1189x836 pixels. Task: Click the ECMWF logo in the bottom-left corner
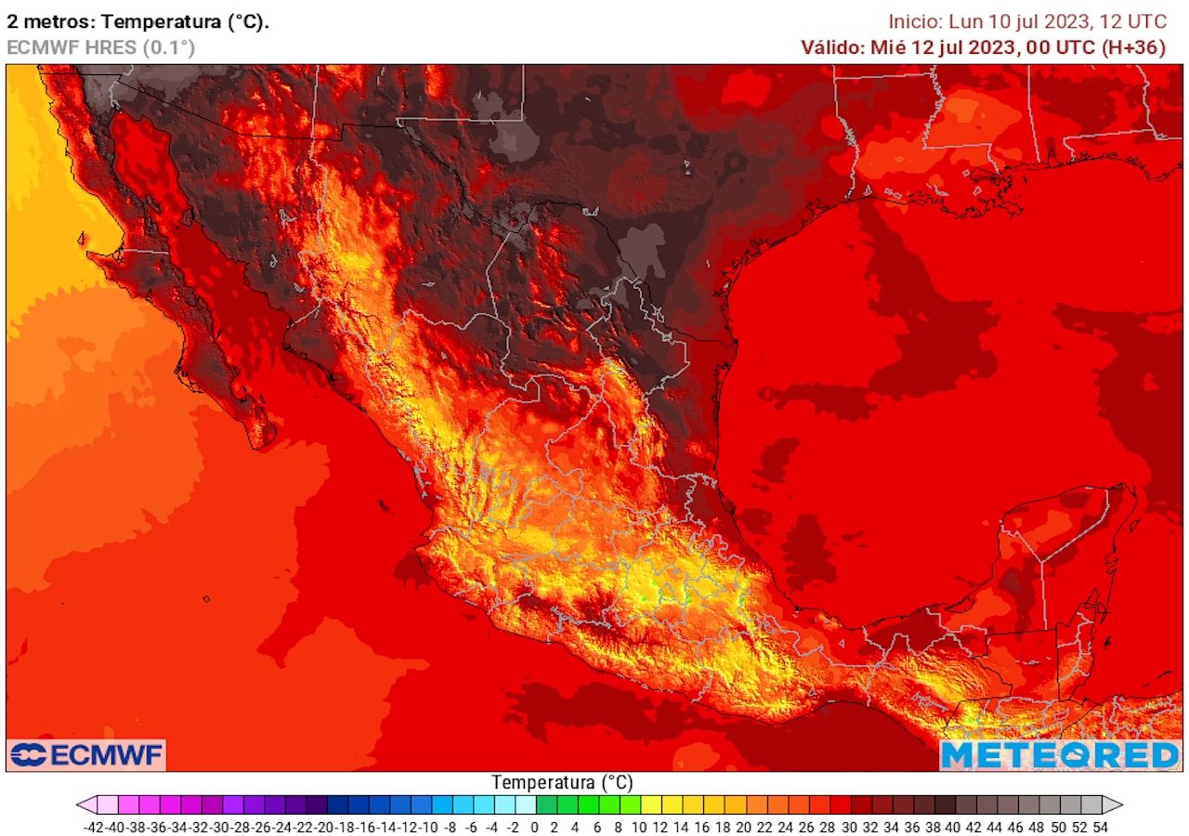tap(86, 754)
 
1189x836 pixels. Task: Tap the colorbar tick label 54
tap(1101, 826)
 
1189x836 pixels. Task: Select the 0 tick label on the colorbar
tap(535, 826)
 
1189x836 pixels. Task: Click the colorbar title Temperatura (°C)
tap(562, 782)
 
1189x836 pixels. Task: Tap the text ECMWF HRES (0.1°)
tap(100, 47)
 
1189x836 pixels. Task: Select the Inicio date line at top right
tap(1026, 21)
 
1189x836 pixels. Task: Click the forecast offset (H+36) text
tap(1133, 47)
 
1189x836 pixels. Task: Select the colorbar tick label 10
tap(640, 826)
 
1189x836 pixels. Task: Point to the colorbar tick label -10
tap(430, 826)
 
